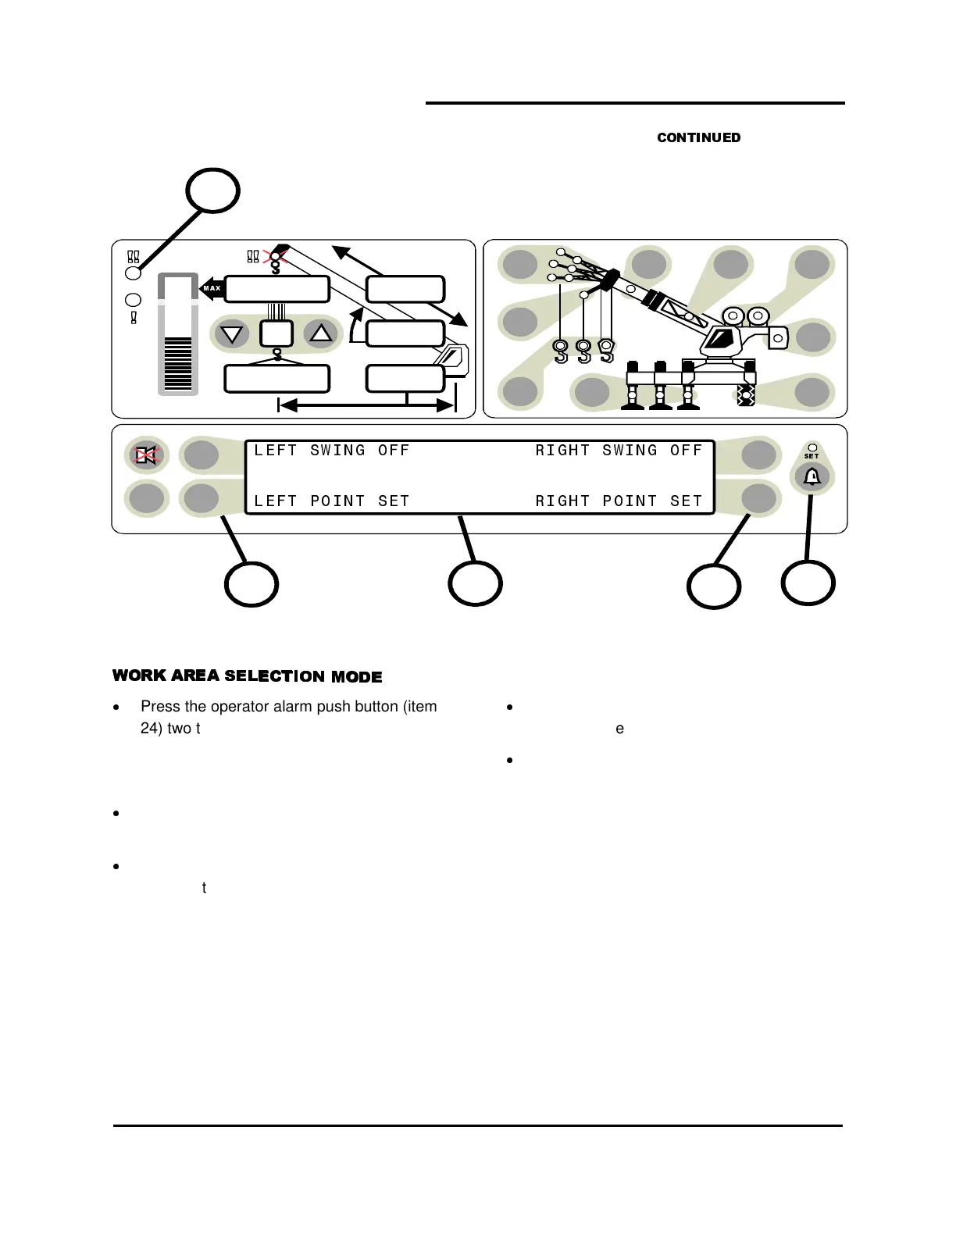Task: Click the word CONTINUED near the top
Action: coord(698,137)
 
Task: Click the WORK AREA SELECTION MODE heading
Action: coord(247,676)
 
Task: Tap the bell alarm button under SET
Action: coord(812,476)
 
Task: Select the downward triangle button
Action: coord(231,334)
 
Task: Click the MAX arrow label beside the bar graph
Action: coord(212,288)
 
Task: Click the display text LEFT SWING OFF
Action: coord(332,451)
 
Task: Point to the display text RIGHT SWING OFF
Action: coord(619,451)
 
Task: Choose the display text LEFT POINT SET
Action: coord(332,501)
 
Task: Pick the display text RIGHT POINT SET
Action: coord(619,501)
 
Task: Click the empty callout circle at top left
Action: coord(212,190)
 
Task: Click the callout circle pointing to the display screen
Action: coord(475,583)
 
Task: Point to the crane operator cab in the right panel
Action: coord(723,340)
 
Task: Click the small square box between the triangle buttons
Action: coord(276,333)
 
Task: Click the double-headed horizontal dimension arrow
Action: coord(366,405)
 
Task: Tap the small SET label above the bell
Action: coord(812,456)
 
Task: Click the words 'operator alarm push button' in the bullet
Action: coord(293,707)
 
